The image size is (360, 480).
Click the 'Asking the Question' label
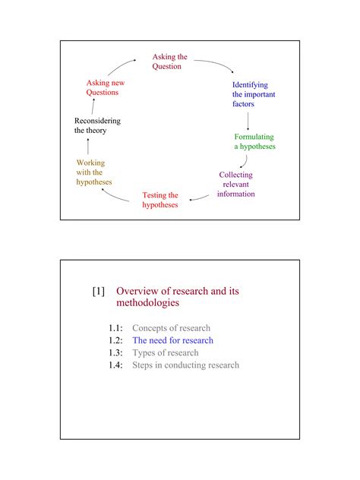tap(169, 62)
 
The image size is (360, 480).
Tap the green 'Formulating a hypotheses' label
tap(254, 142)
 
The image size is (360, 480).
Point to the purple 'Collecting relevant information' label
tap(235, 185)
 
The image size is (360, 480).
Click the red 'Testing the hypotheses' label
tap(160, 201)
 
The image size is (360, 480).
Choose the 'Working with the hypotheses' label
tap(93, 172)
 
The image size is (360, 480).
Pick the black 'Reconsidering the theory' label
tap(96, 126)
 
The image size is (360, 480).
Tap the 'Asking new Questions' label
tap(105, 87)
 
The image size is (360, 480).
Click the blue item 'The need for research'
tap(173, 341)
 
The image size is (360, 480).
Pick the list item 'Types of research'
tap(166, 353)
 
